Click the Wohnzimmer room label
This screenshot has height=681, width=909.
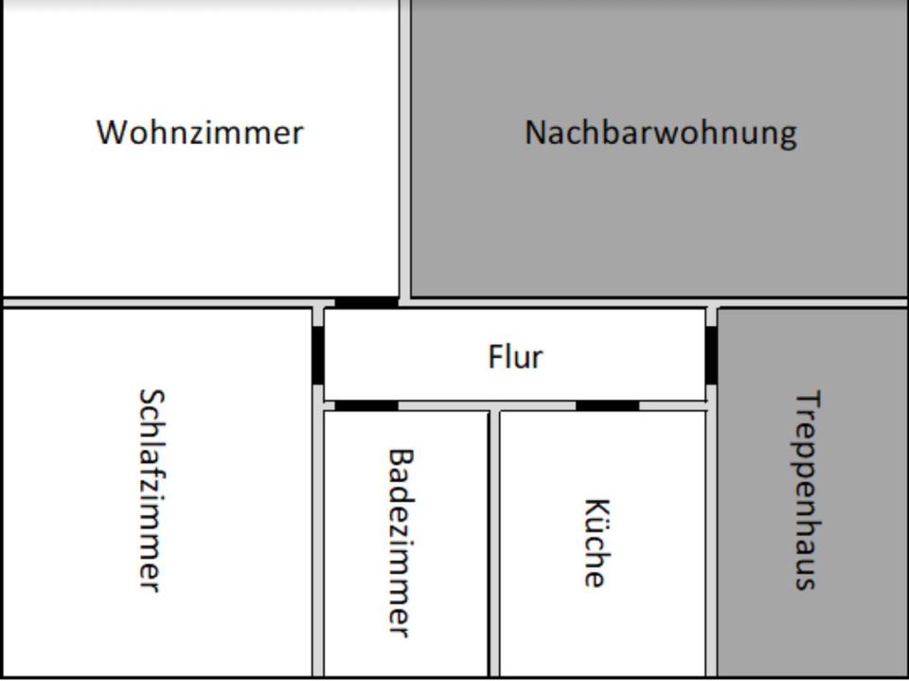tap(200, 132)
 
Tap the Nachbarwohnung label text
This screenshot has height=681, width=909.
tap(660, 132)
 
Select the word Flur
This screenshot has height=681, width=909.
tap(515, 357)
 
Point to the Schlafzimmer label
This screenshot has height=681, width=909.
tap(151, 490)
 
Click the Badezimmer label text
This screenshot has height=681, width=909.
tap(401, 542)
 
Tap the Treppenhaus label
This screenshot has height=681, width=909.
tap(806, 490)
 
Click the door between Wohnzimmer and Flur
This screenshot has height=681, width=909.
tap(366, 303)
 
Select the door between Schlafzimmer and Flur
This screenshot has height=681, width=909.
tap(318, 354)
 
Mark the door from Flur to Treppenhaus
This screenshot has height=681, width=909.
tap(711, 354)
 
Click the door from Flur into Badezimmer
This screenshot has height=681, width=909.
tap(366, 405)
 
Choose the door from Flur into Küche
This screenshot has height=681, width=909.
tap(607, 405)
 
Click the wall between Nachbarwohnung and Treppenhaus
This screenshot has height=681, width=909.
tap(811, 303)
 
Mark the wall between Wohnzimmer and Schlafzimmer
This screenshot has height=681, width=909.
tap(156, 303)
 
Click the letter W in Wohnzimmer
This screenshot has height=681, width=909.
tap(111, 132)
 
